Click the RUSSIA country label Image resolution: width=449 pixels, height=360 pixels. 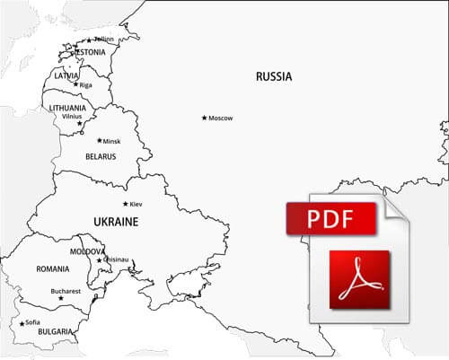(x=273, y=77)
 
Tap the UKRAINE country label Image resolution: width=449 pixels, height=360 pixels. (x=116, y=221)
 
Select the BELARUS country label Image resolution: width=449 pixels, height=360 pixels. (x=101, y=157)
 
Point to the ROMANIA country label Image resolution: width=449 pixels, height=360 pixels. (x=53, y=269)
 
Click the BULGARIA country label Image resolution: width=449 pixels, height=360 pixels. (x=56, y=331)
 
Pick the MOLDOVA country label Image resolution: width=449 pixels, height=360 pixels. (x=87, y=252)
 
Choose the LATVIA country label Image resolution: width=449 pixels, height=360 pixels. (x=66, y=75)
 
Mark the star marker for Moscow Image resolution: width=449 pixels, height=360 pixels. (x=205, y=118)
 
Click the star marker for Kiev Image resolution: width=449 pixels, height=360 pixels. (x=126, y=204)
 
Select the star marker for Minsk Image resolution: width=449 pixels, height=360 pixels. (x=100, y=140)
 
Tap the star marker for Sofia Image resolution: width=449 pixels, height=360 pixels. (x=22, y=322)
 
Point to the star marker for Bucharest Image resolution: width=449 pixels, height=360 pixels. (x=61, y=299)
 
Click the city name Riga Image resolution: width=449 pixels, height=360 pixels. (x=86, y=85)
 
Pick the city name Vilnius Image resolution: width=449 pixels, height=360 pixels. (x=72, y=117)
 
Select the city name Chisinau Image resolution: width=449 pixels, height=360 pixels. (x=117, y=260)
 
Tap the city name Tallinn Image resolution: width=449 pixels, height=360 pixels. (x=104, y=40)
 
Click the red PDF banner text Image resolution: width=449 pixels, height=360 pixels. (x=330, y=218)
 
